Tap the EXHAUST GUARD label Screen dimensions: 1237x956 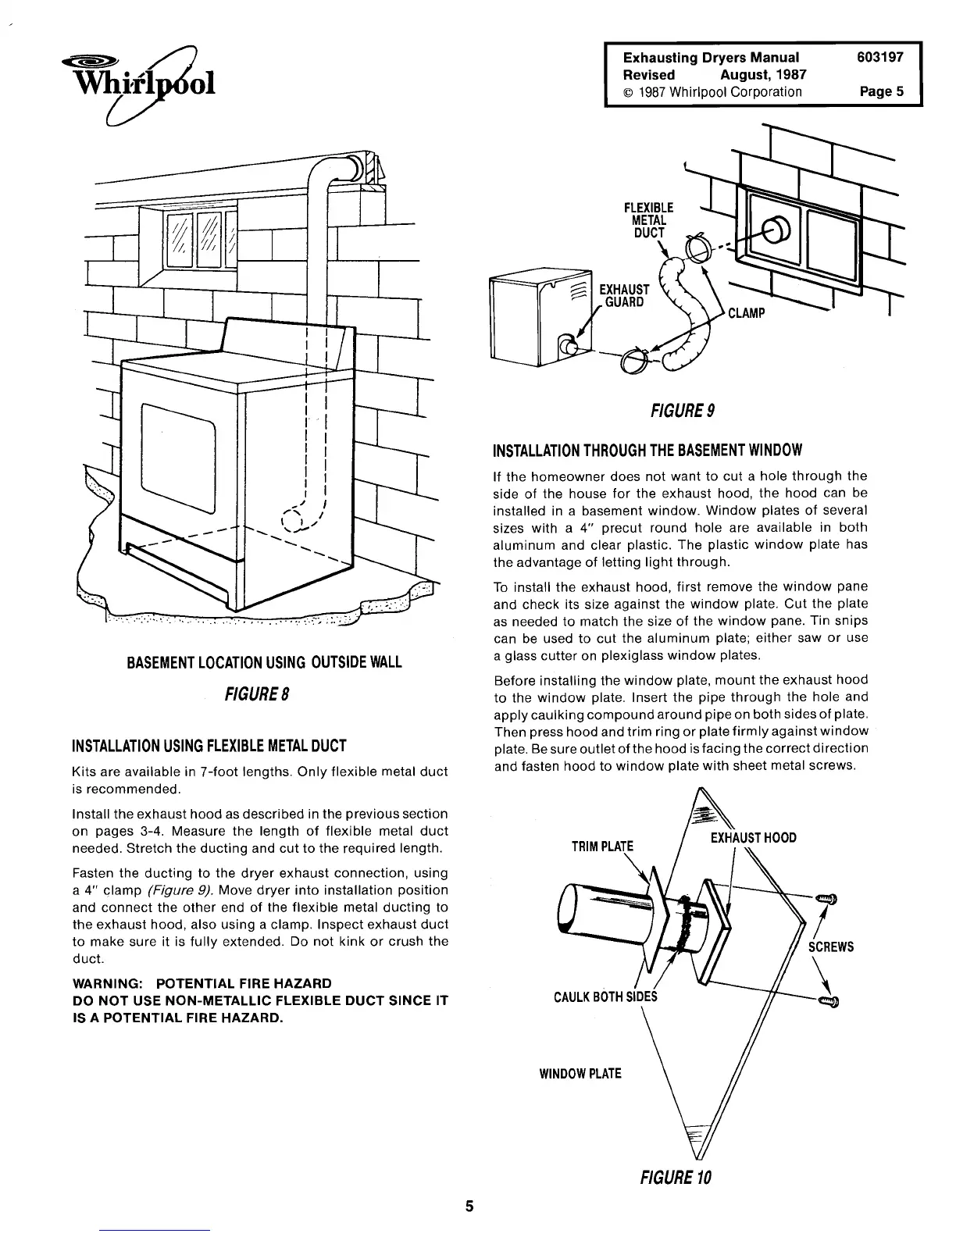coord(622,295)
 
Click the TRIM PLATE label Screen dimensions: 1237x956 coord(604,847)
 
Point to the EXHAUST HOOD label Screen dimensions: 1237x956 coord(753,838)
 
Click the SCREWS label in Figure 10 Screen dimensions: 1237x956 coord(831,946)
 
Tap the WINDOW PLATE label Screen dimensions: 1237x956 coord(580,1073)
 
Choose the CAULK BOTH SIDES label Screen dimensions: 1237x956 coord(606,996)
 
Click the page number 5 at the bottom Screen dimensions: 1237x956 coord(470,1206)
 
